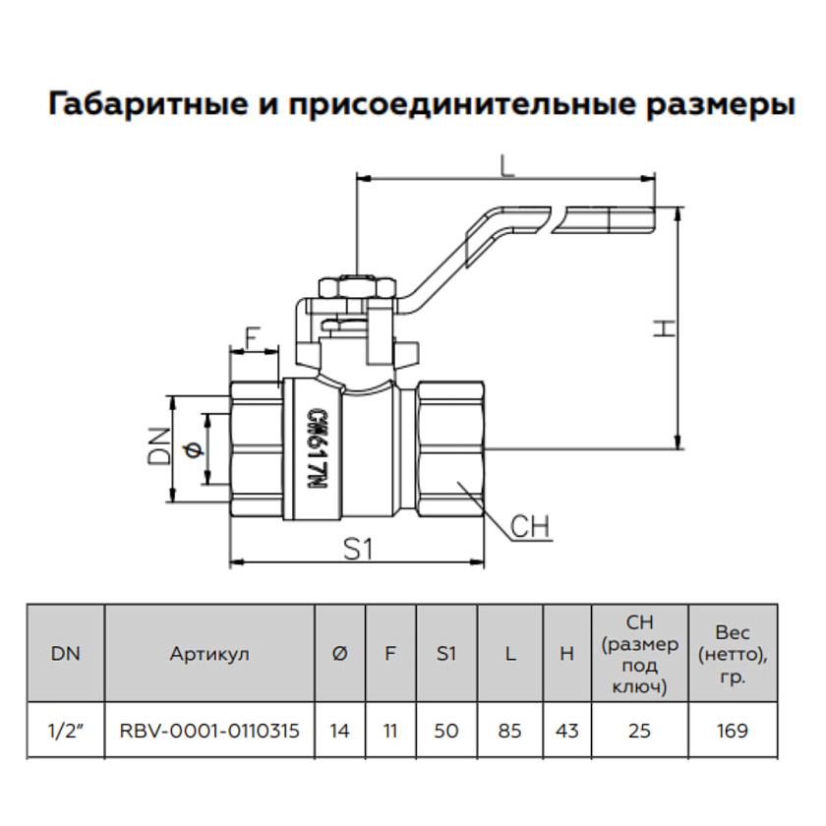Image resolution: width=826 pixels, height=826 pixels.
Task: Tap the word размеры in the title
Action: (722, 104)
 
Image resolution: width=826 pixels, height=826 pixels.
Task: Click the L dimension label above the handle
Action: (507, 166)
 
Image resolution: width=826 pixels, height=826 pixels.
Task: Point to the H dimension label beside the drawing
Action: (665, 328)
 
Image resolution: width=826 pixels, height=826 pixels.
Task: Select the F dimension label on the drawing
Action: (252, 337)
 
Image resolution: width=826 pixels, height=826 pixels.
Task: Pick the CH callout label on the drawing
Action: (530, 527)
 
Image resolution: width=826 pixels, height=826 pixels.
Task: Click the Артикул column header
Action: (209, 653)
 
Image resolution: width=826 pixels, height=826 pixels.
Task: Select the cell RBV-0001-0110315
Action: (209, 731)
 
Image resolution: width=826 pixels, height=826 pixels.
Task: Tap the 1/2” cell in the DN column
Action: (64, 731)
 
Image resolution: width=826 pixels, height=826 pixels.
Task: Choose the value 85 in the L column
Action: (509, 731)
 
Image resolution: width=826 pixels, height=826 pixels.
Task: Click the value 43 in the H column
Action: (566, 731)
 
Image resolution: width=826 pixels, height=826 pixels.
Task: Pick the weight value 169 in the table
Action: (733, 731)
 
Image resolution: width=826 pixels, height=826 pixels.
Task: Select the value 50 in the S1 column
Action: (447, 731)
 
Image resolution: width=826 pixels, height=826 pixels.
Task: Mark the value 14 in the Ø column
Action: (340, 731)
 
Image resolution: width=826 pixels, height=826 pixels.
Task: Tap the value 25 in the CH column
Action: (640, 731)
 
